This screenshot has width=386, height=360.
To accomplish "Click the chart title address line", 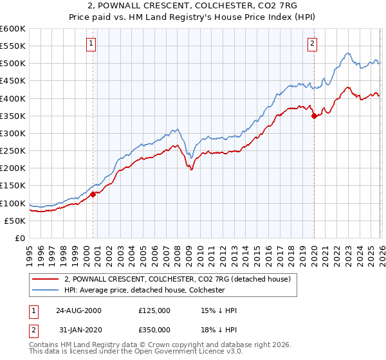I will click(193, 6).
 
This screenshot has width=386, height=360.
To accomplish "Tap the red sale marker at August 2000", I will click(93, 194).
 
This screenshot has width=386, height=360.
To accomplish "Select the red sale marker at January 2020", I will click(314, 116).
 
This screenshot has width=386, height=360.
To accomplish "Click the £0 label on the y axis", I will click(20, 238).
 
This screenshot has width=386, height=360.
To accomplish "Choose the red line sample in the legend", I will click(46, 279).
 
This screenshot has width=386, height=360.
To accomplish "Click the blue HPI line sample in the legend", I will click(46, 291).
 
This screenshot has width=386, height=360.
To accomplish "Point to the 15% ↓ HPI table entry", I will click(219, 310).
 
